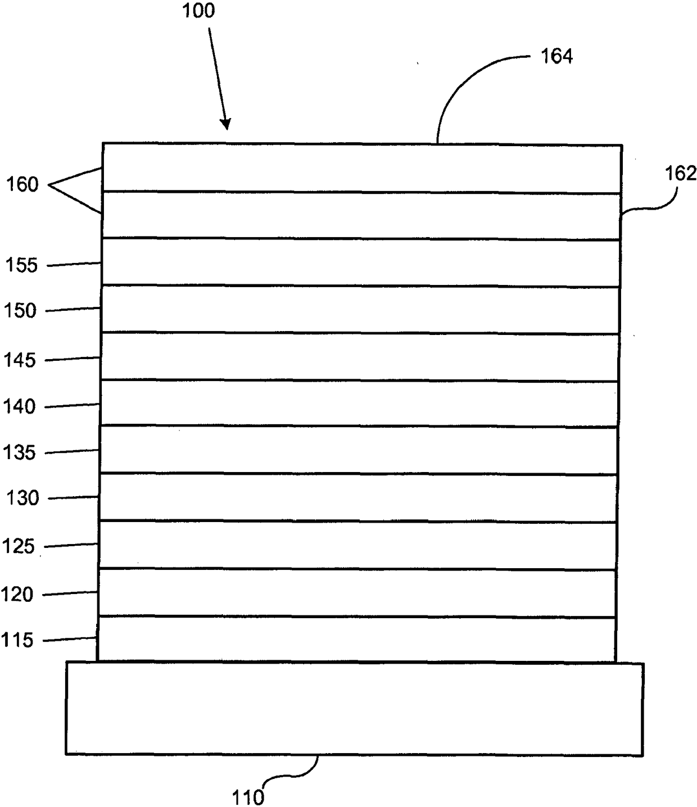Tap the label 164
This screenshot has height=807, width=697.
556,56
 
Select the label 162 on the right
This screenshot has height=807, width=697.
681,173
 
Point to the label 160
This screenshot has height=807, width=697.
22,184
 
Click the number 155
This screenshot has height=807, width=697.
21,265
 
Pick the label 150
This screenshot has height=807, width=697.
20,311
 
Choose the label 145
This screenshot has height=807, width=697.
20,360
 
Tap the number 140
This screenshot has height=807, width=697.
20,406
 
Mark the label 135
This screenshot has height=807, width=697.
20,452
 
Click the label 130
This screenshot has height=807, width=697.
22,498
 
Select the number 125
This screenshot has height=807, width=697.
19,546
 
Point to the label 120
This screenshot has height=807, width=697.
17,594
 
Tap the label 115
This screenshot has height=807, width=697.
17,640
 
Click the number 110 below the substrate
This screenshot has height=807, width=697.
248,797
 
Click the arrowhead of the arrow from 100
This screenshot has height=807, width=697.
226,125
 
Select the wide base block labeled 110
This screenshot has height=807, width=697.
354,708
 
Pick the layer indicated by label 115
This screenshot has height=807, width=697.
357,640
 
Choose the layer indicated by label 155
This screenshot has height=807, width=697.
361,263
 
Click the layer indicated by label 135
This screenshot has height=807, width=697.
359,450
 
